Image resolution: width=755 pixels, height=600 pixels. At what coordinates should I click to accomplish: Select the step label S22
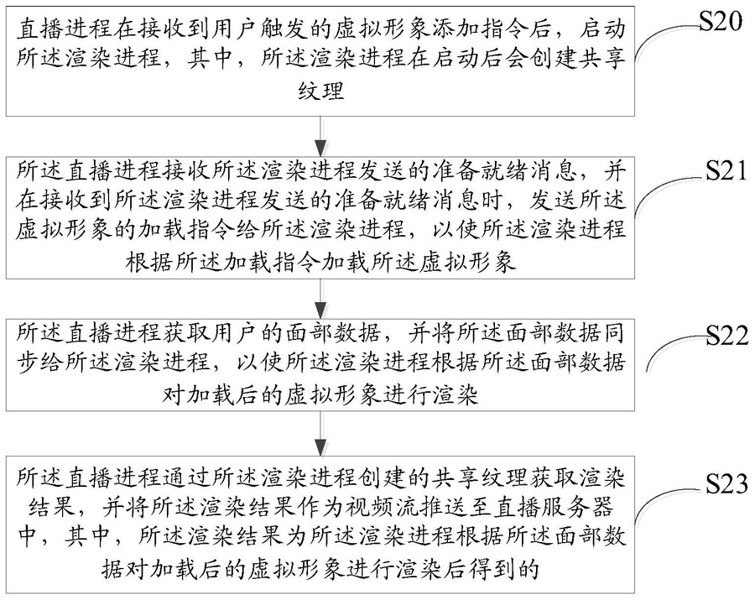point(724,336)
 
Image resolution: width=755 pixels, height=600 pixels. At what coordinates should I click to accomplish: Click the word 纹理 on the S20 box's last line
point(323,89)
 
